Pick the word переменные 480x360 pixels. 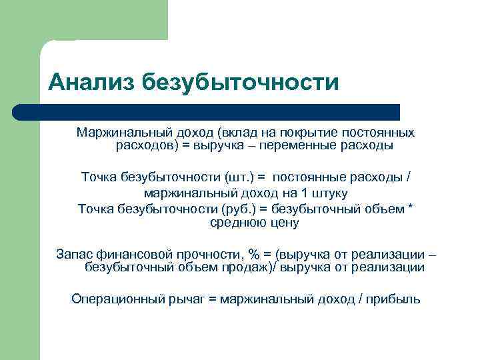317,145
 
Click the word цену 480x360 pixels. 285,223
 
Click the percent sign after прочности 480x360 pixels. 254,255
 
